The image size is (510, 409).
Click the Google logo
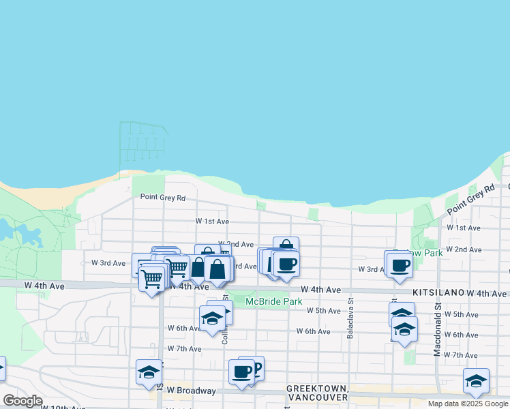pyautogui.click(x=22, y=401)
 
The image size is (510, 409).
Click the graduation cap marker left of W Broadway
pyautogui.click(x=149, y=372)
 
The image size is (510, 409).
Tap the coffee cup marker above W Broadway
pyautogui.click(x=241, y=372)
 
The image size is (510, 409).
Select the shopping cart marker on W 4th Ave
pyautogui.click(x=151, y=278)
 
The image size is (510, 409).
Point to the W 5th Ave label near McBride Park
pyautogui.click(x=323, y=311)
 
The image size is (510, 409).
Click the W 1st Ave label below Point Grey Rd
pyautogui.click(x=212, y=222)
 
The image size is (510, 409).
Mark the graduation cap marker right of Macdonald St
pyautogui.click(x=475, y=380)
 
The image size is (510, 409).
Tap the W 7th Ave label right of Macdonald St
pyautogui.click(x=461, y=355)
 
